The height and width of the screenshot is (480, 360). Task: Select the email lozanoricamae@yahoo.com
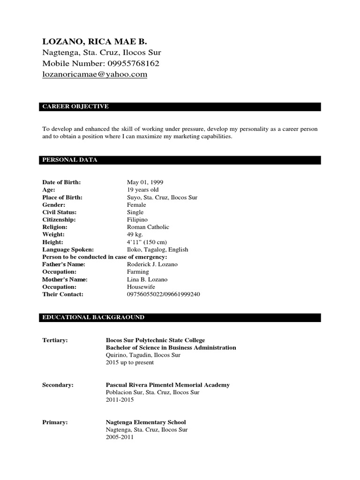pyautogui.click(x=95, y=74)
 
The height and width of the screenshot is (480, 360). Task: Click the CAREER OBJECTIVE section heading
pyautogui.click(x=75, y=106)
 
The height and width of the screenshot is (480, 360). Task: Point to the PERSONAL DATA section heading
pyautogui.click(x=70, y=160)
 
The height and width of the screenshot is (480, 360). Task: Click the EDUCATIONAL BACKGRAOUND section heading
pyautogui.click(x=93, y=317)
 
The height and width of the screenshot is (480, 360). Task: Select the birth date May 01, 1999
pyautogui.click(x=145, y=182)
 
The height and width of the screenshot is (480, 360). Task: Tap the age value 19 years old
pyautogui.click(x=142, y=189)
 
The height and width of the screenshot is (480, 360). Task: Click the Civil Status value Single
pyautogui.click(x=135, y=212)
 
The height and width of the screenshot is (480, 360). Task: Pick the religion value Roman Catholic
pyautogui.click(x=148, y=227)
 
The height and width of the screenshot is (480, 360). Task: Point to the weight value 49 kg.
pyautogui.click(x=135, y=234)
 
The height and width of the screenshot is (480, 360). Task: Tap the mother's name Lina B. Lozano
pyautogui.click(x=147, y=279)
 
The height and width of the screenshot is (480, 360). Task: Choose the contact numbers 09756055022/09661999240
pyautogui.click(x=164, y=294)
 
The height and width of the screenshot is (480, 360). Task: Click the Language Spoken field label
pyautogui.click(x=68, y=249)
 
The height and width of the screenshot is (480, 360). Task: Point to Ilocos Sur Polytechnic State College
pyautogui.click(x=155, y=340)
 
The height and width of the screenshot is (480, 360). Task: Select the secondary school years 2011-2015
pyautogui.click(x=120, y=400)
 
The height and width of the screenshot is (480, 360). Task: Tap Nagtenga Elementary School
pyautogui.click(x=146, y=422)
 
